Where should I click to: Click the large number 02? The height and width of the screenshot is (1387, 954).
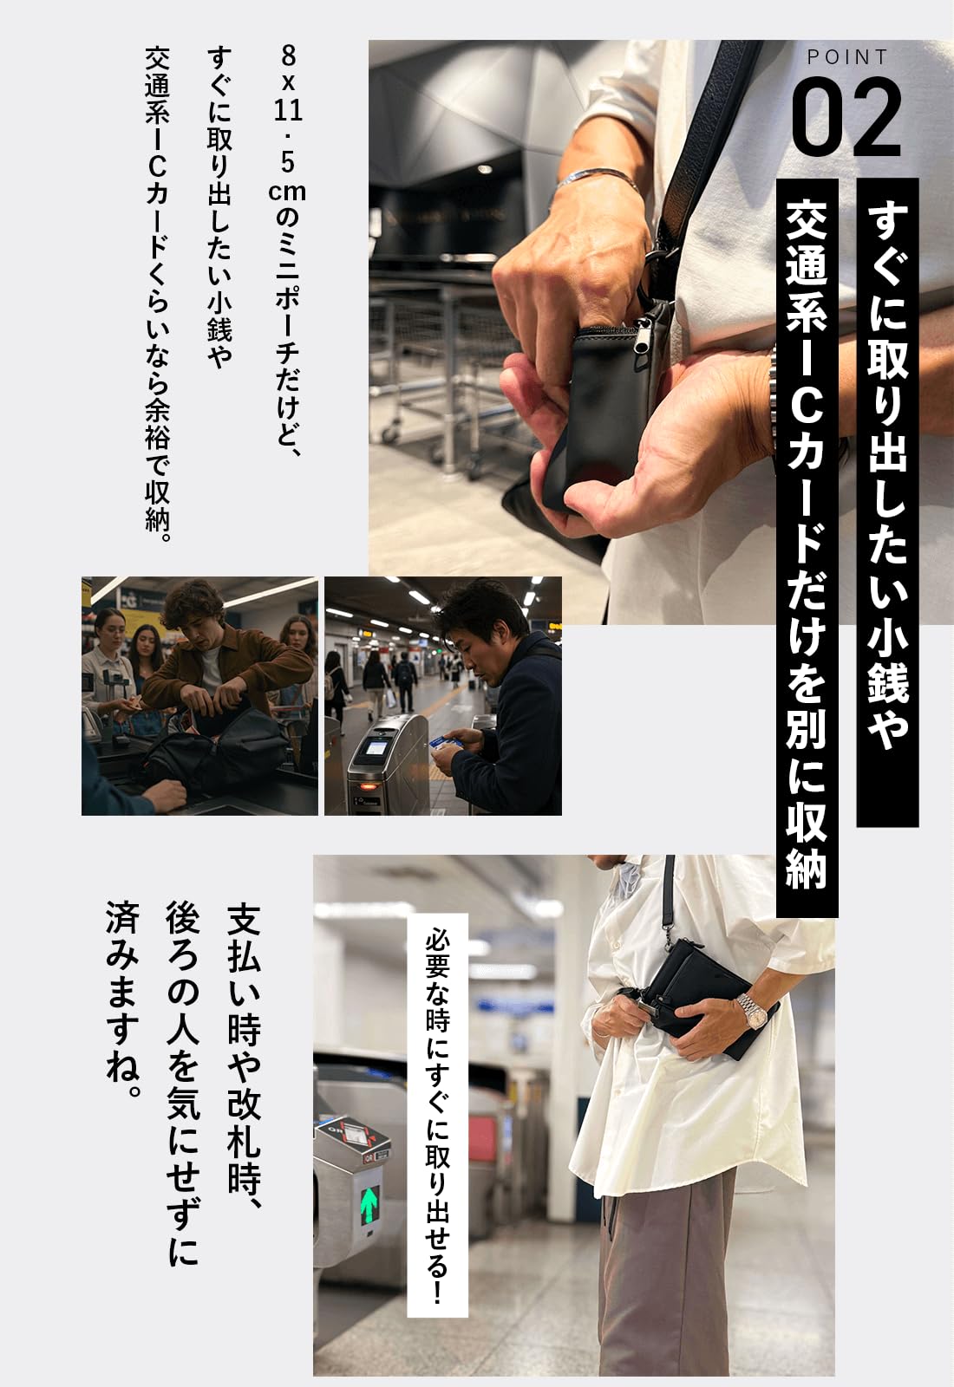[x=846, y=118]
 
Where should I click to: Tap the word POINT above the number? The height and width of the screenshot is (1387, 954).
[x=847, y=57]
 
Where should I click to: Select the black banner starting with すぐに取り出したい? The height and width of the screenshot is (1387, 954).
[x=887, y=502]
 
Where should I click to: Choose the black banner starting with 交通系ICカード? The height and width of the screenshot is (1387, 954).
[x=807, y=547]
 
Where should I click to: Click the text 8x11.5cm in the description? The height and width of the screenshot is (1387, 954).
[x=287, y=124]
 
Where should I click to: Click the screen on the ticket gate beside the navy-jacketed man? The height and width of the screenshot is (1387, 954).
[x=375, y=746]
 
